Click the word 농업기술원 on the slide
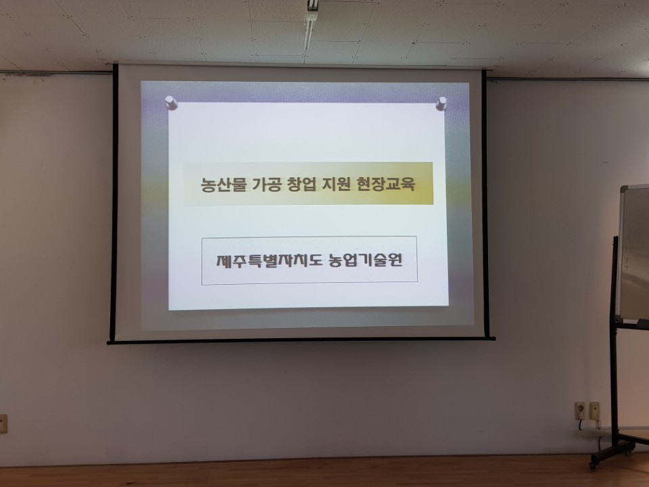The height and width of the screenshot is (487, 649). point(365,260)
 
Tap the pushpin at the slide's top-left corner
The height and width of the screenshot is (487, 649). point(171,103)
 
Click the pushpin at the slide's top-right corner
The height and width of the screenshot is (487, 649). point(441,103)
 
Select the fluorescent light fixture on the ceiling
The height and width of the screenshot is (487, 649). point(311,20)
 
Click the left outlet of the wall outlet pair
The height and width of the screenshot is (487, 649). point(579,410)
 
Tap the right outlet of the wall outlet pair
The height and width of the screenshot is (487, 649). point(594,410)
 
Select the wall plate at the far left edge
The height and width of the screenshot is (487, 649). point(3,423)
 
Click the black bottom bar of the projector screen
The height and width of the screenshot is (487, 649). point(301,340)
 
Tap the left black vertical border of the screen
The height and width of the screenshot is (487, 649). point(114,203)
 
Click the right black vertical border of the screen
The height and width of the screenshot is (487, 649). point(485,203)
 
